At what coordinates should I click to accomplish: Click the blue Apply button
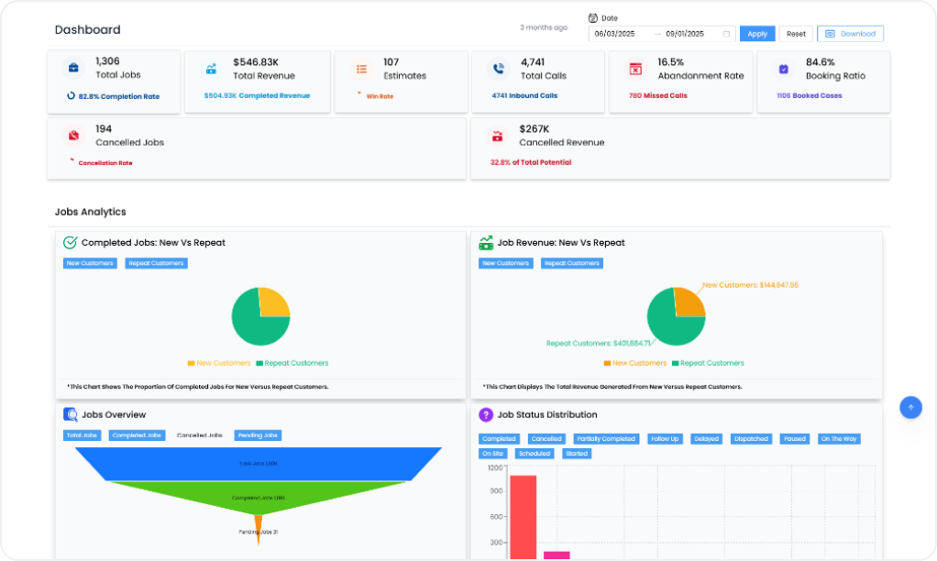click(x=756, y=34)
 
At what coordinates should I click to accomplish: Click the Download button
click(x=850, y=34)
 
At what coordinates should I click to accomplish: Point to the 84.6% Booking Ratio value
click(x=820, y=62)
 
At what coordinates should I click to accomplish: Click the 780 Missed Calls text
click(x=657, y=95)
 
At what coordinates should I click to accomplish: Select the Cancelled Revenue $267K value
click(x=534, y=129)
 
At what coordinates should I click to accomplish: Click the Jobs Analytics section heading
click(x=90, y=212)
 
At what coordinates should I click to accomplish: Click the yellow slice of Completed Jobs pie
click(x=272, y=302)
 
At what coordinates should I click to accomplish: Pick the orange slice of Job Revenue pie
click(x=688, y=302)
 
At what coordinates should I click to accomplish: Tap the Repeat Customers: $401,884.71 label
click(x=598, y=343)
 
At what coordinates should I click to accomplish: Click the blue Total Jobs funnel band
click(x=258, y=464)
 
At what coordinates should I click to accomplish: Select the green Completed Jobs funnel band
click(x=258, y=498)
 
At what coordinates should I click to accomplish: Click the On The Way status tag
click(x=838, y=439)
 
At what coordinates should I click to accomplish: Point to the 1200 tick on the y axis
click(x=494, y=467)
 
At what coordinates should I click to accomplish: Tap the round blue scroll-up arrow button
click(x=910, y=408)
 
